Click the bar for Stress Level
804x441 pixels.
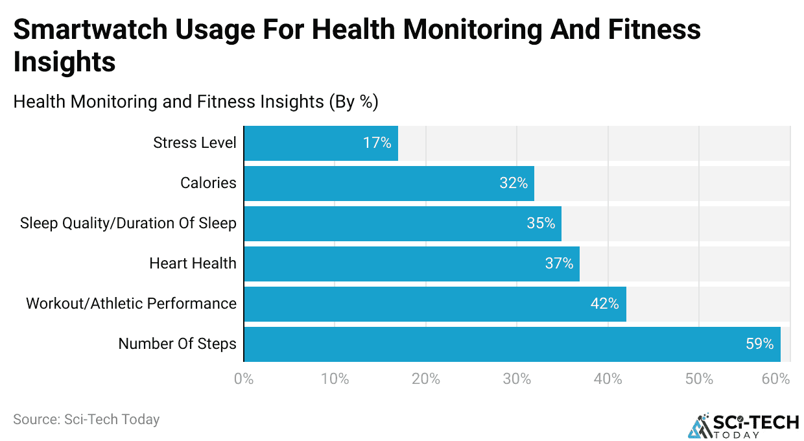pos(321,143)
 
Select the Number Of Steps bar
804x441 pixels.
pos(512,344)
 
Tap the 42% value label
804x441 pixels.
pos(604,304)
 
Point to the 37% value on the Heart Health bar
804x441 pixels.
pos(559,263)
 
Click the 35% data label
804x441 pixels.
pos(541,223)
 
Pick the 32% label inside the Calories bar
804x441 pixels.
pos(514,183)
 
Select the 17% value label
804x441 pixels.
pos(377,143)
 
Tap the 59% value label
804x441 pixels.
pos(759,344)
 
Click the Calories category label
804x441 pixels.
pos(208,183)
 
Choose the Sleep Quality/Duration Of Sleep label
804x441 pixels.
pos(128,223)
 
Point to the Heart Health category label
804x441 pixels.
pos(193,263)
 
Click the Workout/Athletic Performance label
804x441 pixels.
pos(131,304)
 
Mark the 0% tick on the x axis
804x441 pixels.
pos(244,379)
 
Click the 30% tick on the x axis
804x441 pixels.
pos(517,379)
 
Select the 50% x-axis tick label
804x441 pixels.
pos(699,379)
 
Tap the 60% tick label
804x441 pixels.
pos(775,379)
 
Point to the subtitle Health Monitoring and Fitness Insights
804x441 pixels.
pos(195,102)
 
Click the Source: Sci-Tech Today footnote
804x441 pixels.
pos(86,419)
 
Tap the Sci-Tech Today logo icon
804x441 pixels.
pos(700,425)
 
